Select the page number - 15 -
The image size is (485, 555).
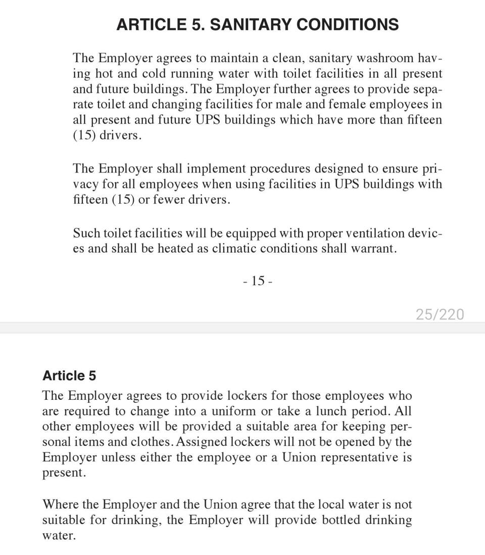(258, 281)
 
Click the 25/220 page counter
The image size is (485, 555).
(440, 314)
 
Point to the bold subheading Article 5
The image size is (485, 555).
(69, 376)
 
